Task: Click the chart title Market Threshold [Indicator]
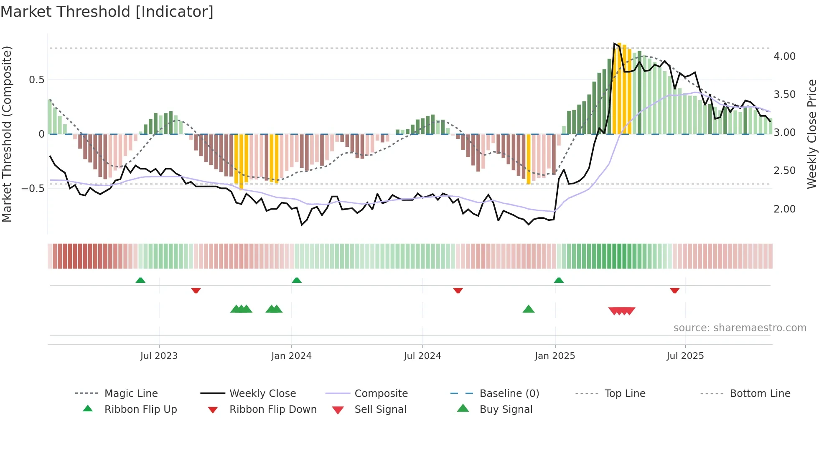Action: click(107, 12)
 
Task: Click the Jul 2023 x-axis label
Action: click(159, 356)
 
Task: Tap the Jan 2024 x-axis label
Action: click(291, 356)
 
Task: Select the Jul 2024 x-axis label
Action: click(422, 356)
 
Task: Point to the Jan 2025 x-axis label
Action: click(555, 356)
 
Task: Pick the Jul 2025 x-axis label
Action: click(685, 356)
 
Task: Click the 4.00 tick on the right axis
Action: click(784, 56)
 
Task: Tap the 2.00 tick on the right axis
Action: click(784, 209)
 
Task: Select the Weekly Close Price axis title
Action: click(811, 134)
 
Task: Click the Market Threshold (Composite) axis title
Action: click(7, 134)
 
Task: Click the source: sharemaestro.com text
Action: click(740, 328)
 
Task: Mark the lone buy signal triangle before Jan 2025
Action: click(529, 310)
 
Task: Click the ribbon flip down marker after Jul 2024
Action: click(458, 290)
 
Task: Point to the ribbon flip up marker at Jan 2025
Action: click(559, 280)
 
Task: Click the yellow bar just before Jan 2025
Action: click(529, 159)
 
